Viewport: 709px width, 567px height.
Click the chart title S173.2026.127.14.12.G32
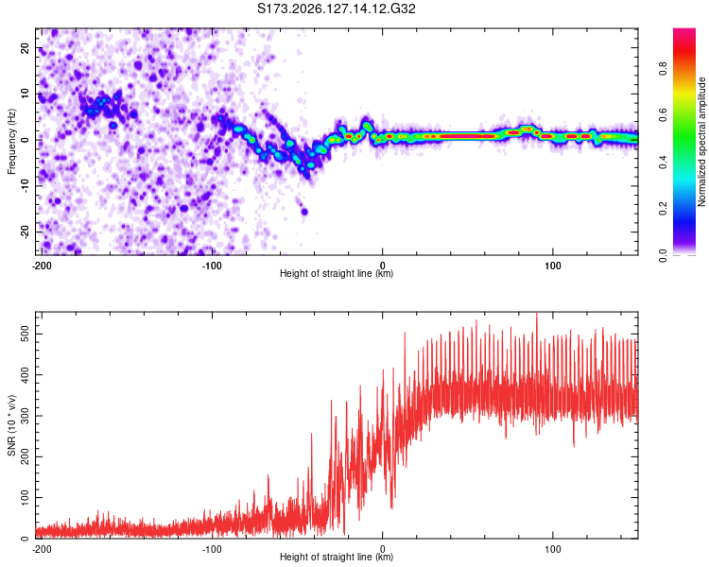336,9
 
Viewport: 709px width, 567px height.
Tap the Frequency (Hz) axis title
11,142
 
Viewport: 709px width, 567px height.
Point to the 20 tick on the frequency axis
25,47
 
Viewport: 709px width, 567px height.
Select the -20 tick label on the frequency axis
25,232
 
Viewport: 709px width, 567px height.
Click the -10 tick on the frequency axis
25,186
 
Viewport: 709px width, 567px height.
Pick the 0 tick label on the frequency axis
25,140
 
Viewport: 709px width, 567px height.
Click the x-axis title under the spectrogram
337,273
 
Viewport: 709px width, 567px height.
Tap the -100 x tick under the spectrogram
211,266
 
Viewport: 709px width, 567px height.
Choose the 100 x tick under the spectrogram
553,266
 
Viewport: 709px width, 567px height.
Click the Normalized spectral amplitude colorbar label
701,142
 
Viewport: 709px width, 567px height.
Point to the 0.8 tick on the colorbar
664,69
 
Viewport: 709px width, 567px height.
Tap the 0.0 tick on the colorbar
664,255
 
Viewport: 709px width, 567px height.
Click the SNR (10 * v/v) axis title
11,425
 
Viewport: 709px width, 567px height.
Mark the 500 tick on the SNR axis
25,335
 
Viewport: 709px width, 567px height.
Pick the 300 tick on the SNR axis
25,416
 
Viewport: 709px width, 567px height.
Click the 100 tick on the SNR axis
25,498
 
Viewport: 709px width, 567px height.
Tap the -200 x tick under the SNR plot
42,549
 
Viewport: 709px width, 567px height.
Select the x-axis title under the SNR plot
337,557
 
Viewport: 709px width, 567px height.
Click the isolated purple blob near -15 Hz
304,211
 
